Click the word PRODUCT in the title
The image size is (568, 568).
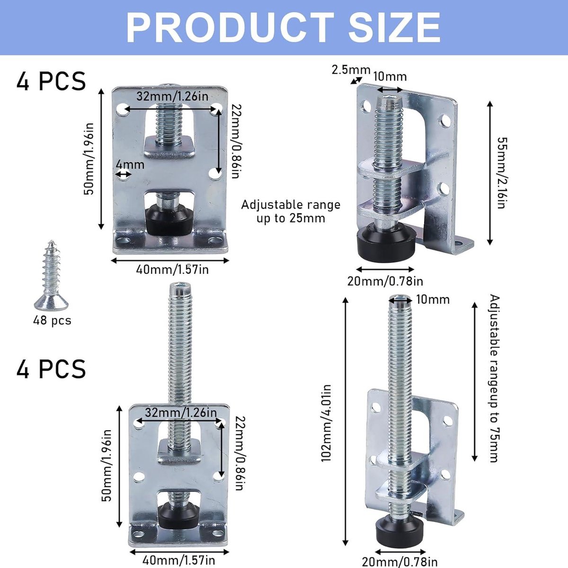tap(231, 28)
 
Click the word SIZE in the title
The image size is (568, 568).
tap(395, 28)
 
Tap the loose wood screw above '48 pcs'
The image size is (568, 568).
tap(51, 275)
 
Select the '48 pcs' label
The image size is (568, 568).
tap(52, 320)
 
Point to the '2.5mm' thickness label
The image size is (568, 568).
tap(351, 70)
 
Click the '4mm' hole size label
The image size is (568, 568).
tap(130, 164)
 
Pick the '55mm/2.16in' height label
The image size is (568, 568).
tap(501, 173)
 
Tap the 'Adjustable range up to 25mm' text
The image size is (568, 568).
tap(291, 211)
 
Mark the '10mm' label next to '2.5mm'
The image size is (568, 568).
tap(390, 77)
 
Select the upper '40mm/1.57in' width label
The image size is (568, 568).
tap(172, 269)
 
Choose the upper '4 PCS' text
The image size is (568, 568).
tap(51, 81)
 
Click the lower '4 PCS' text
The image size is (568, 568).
tap(51, 369)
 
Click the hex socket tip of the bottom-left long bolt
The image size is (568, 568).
tap(180, 285)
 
